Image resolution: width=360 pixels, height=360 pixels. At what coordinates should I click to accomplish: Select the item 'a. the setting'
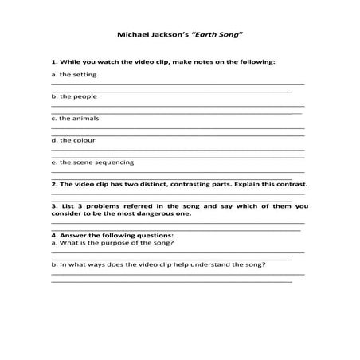73,74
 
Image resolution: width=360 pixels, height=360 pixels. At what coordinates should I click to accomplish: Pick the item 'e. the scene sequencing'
88,162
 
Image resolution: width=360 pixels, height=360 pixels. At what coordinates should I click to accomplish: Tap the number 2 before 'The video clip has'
53,183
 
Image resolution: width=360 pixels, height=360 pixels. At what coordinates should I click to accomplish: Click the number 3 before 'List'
53,205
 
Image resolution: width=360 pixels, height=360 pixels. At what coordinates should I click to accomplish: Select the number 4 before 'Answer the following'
53,235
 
